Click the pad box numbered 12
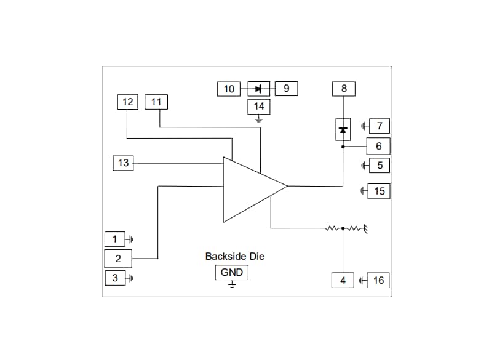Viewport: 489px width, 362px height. (128, 102)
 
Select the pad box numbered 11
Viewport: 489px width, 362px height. (156, 102)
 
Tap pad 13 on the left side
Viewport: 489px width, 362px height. (124, 163)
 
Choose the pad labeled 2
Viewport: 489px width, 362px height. (118, 259)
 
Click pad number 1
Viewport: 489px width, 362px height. (114, 239)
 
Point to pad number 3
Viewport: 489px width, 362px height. (114, 278)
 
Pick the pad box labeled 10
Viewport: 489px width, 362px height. (229, 89)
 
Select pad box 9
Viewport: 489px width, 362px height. (286, 89)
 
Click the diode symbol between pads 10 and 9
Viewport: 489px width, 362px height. (258, 89)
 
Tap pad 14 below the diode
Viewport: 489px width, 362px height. (259, 107)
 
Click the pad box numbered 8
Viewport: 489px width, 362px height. (344, 89)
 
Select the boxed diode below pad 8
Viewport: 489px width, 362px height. (343, 129)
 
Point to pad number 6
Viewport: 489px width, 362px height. (378, 147)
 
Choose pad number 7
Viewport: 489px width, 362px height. (379, 127)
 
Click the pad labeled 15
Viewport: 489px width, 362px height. (379, 191)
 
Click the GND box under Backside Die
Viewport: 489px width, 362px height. (232, 273)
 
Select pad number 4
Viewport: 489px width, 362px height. (343, 281)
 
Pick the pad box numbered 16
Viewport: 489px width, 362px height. (378, 281)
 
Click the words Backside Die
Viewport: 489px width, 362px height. (234, 256)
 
